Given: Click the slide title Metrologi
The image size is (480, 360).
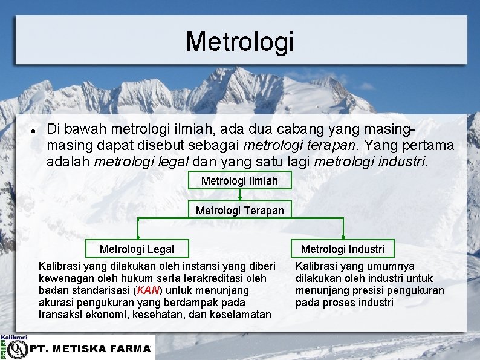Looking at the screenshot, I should (x=239, y=41).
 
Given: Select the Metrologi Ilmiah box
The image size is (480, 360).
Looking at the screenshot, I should (x=239, y=180).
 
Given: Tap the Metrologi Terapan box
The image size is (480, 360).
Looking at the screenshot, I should (x=239, y=210).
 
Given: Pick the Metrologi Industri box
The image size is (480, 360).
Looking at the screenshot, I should (x=342, y=249).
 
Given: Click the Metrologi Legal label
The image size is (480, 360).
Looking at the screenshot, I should (x=137, y=249).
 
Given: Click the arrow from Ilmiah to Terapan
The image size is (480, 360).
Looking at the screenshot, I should (x=240, y=195).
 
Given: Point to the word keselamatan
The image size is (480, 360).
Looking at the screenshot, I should (x=241, y=315).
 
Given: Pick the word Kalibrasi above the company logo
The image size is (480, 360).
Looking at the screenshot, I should (x=14, y=337).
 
